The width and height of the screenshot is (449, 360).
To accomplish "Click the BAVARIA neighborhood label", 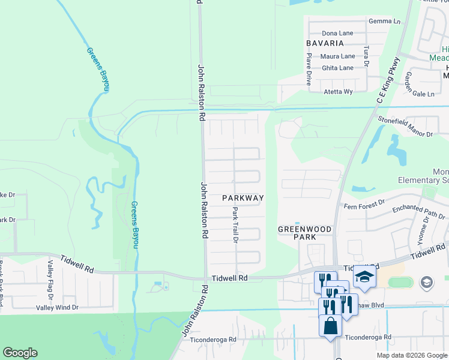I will (325, 43).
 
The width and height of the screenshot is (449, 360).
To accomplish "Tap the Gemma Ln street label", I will (385, 21).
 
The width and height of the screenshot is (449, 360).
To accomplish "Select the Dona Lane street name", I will (337, 34).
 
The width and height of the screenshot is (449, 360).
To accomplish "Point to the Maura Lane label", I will (338, 56).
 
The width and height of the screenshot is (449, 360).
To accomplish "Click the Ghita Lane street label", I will (338, 68).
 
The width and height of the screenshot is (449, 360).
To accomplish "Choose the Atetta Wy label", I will (338, 92).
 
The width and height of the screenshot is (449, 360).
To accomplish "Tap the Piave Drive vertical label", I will (309, 68).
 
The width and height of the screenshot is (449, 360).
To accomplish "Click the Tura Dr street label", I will (366, 55).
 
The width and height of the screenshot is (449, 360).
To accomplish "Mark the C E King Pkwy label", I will (388, 82).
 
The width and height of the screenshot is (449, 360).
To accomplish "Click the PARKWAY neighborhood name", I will (243, 197).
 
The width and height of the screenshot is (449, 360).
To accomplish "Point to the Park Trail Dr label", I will (236, 225).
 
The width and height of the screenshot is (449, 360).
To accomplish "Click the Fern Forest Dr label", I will (364, 205).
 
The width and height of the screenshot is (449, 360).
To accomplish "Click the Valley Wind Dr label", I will (57, 307).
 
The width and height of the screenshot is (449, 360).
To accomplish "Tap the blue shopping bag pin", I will (330, 326).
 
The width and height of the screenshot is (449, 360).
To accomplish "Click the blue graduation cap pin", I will (364, 276).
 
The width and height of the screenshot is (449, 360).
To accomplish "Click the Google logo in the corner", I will (20, 353).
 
